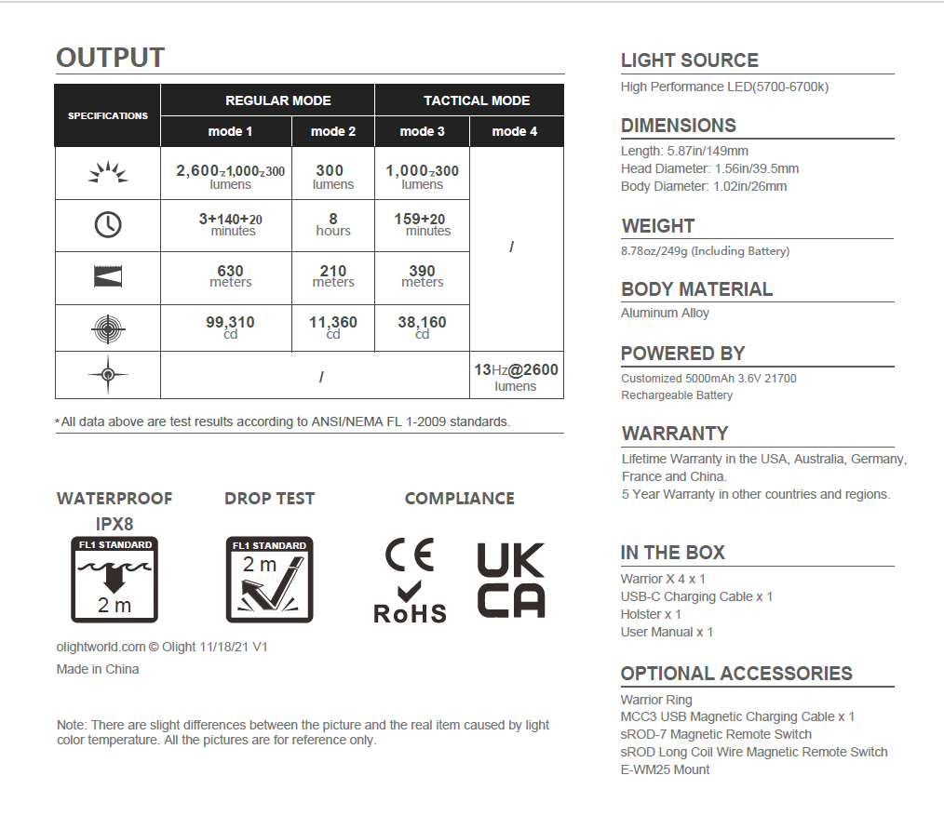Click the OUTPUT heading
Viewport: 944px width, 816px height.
(111, 58)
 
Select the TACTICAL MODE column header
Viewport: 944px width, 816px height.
(477, 100)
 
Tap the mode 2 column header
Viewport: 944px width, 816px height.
(333, 131)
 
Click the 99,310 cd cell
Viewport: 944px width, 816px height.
(230, 328)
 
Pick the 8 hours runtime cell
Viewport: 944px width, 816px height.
(333, 225)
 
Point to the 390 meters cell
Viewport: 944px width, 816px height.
(422, 276)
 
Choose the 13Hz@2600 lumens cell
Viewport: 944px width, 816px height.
(516, 376)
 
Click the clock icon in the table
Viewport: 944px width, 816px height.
(108, 225)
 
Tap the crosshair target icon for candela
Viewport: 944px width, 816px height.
(108, 328)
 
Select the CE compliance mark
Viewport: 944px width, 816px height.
(409, 555)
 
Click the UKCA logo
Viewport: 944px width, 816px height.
(511, 581)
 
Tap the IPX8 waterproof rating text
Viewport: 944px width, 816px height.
(115, 524)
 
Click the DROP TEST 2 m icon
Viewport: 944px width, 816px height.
(269, 580)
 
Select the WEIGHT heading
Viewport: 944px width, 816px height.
(658, 226)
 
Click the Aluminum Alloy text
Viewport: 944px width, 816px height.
(665, 314)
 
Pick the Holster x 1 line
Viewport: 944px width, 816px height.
(651, 614)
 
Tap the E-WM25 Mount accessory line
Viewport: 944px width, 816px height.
(665, 769)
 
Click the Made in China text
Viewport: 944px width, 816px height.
(98, 669)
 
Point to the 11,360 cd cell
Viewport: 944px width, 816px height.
(333, 328)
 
